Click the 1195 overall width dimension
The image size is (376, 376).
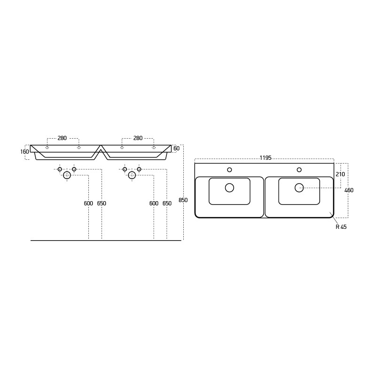[x=266, y=158]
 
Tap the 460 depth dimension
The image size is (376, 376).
[x=349, y=190]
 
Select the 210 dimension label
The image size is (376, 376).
[x=340, y=174]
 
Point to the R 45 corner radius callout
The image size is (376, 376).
[x=341, y=227]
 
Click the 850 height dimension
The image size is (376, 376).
[x=183, y=200]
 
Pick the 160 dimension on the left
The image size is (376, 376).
[x=24, y=151]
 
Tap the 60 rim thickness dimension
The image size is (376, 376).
[x=177, y=149]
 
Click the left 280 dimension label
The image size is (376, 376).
[x=62, y=138]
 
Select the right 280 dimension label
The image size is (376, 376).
[x=138, y=138]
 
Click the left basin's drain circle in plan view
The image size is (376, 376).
[x=229, y=188]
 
